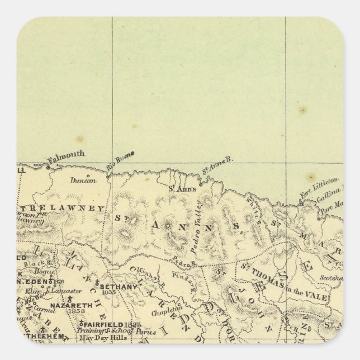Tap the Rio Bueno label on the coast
119,162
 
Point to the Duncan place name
83,180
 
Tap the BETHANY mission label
119,287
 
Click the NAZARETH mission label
68,306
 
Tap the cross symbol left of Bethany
98,281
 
